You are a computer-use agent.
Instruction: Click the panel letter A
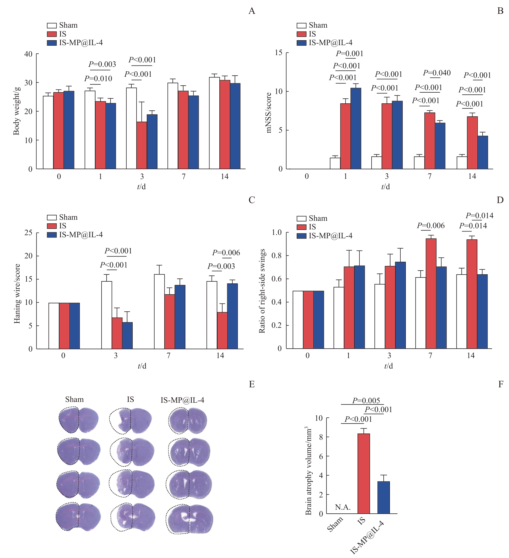[x=251, y=11]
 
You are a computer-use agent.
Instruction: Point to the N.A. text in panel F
[x=343, y=507]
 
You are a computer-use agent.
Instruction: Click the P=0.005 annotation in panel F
[x=366, y=401]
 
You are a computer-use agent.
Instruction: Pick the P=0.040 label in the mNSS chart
[x=437, y=73]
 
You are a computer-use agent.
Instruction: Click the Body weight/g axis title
[x=16, y=111]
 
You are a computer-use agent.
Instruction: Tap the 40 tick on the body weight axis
[x=28, y=54]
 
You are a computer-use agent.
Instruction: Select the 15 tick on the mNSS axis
[x=279, y=52]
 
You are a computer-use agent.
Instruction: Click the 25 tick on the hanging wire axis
[x=28, y=233]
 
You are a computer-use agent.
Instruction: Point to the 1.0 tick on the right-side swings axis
[x=277, y=232]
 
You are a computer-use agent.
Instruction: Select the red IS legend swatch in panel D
[x=301, y=227]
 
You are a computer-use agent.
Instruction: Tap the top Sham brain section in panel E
[x=78, y=420]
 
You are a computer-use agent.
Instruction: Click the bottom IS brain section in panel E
[x=133, y=517]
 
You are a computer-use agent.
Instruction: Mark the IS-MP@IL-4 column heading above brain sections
[x=182, y=400]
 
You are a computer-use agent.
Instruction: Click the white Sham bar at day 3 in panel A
[x=131, y=128]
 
